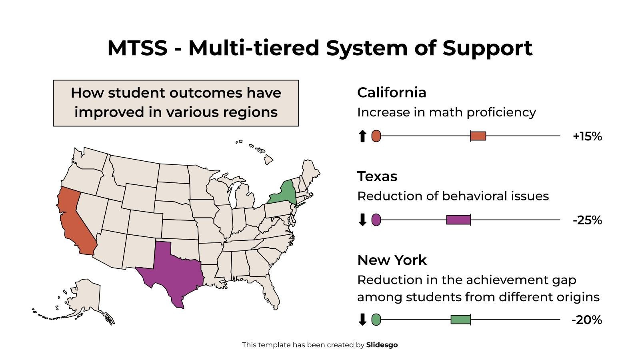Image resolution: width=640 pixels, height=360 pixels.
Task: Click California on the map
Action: tap(74, 220)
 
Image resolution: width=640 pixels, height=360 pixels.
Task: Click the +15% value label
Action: tap(587, 136)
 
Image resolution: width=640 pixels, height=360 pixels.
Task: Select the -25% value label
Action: tap(587, 220)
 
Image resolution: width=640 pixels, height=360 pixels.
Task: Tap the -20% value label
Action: tap(587, 320)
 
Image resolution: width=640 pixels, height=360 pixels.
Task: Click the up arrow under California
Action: tap(362, 136)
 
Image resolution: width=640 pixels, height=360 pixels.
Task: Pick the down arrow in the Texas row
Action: tap(362, 220)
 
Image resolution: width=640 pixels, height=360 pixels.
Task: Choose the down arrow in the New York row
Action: tap(362, 320)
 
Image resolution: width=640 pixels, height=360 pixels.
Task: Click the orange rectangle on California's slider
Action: tap(478, 136)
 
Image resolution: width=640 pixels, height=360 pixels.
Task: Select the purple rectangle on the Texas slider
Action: tap(458, 220)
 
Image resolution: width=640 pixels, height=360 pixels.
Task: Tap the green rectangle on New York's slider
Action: tap(460, 319)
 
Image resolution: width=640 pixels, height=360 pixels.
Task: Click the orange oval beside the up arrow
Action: tap(376, 136)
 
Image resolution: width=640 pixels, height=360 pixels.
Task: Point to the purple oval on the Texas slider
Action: tap(376, 220)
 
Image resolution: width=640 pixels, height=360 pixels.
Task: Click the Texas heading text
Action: tap(377, 176)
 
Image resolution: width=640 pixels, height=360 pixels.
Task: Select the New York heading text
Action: tap(392, 260)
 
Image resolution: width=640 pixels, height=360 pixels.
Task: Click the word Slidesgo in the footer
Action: tap(382, 345)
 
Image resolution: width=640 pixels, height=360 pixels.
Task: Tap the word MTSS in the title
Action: tap(137, 48)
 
